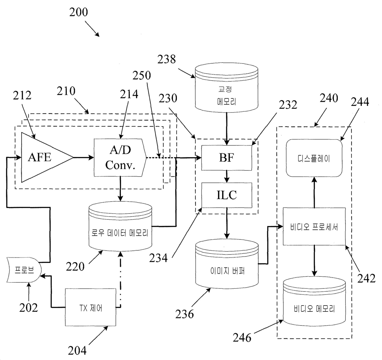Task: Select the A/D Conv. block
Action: tap(120, 158)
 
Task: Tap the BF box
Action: tap(227, 158)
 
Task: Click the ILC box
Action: tap(227, 195)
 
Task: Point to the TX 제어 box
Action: tap(90, 307)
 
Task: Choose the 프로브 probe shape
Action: tap(24, 270)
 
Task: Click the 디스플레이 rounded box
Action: tap(314, 158)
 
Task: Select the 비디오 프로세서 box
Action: tap(314, 226)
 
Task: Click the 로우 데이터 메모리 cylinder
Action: tap(120, 226)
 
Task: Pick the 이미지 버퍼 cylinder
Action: tap(227, 264)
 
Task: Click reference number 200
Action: tap(79, 12)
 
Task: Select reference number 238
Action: tap(167, 59)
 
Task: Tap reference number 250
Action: tap(142, 75)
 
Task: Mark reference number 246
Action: tap(242, 338)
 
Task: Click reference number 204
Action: tap(77, 350)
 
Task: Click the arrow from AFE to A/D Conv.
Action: tap(84, 158)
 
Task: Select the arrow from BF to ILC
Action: tap(227, 176)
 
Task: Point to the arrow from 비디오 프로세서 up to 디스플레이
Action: tap(314, 192)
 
